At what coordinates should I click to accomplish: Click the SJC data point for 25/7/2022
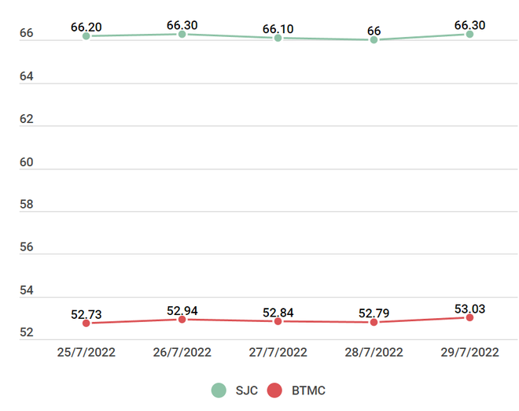pos(86,36)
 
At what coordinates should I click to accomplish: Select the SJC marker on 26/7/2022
pos(182,34)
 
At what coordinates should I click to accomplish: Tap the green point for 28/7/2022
pos(374,39)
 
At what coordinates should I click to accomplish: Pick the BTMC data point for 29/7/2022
pos(469,317)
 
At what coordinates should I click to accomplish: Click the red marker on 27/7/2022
pos(278,321)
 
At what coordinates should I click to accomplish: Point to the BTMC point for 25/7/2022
pos(86,323)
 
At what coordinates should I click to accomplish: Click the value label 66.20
pos(86,28)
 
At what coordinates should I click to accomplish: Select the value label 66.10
pos(278,29)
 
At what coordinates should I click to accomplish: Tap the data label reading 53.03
pos(469,309)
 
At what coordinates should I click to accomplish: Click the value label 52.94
pos(182,311)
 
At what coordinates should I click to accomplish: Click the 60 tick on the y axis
pos(27,163)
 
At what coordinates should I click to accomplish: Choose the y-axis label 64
pos(27,77)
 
